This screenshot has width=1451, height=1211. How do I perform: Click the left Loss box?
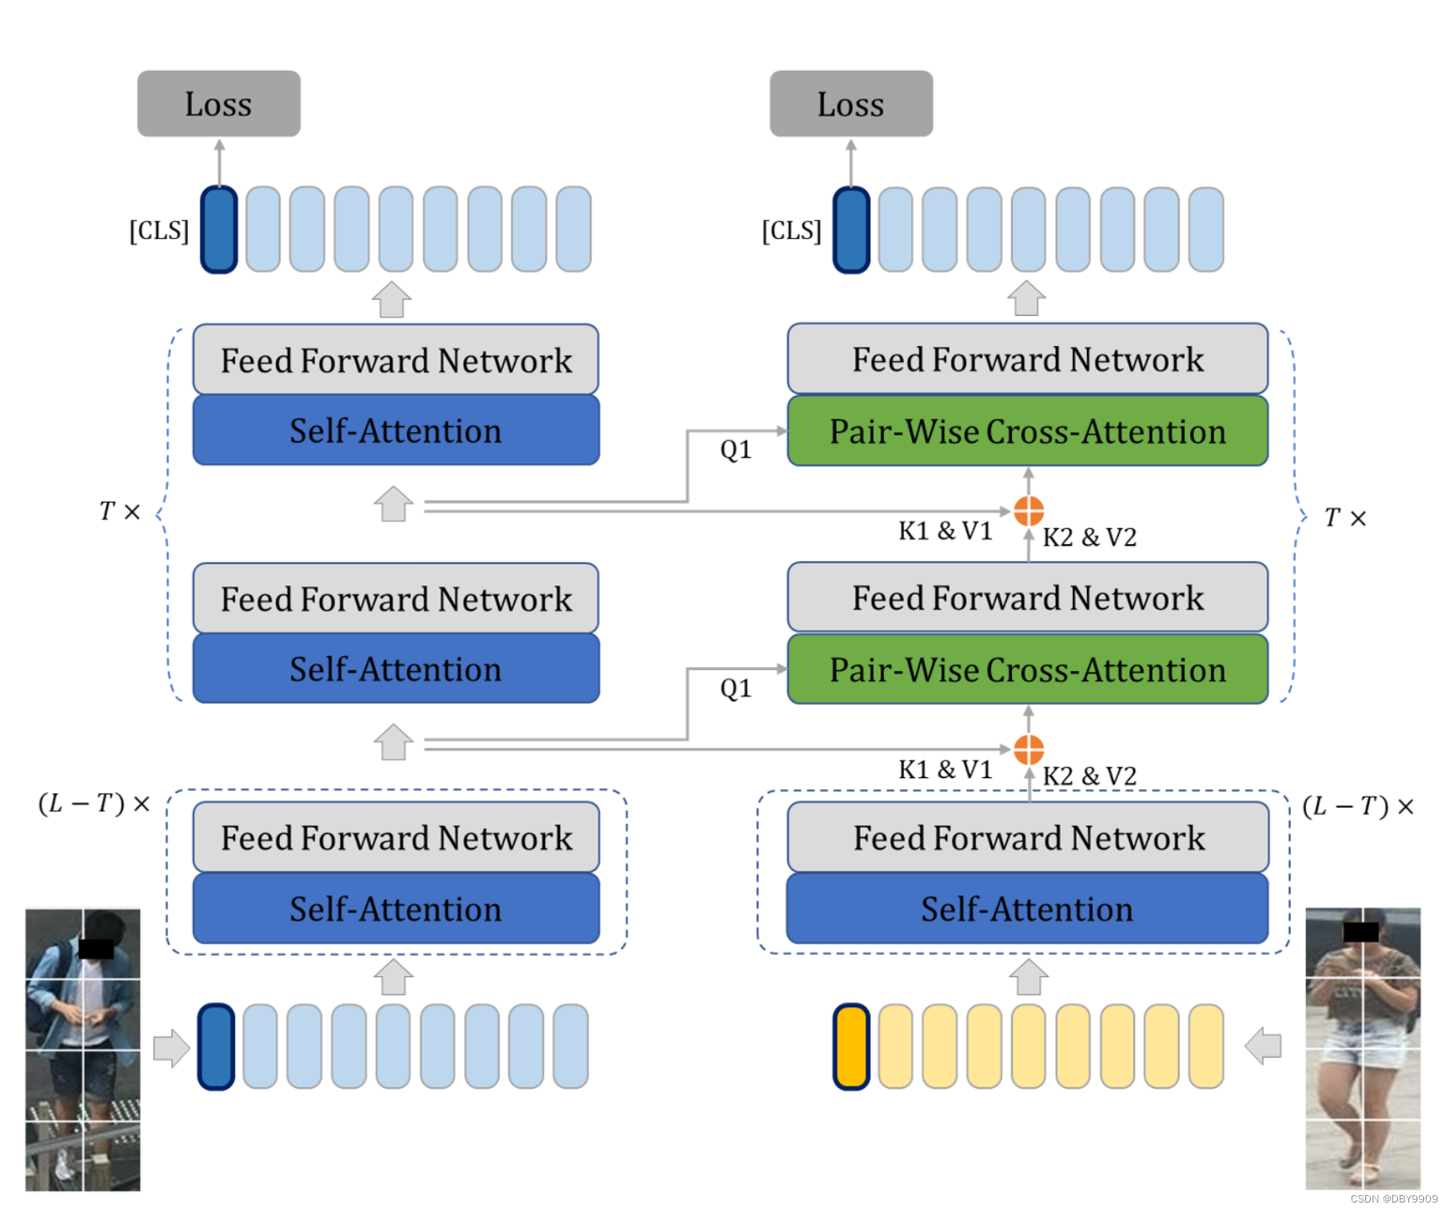218,104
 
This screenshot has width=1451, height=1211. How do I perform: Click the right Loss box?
850,104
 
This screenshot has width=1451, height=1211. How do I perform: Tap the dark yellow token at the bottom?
851,1047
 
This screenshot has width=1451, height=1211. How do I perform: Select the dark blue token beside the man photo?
216,1047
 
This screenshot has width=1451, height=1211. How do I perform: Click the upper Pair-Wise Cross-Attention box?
1027,431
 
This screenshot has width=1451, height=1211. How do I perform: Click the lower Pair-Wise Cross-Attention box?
1027,670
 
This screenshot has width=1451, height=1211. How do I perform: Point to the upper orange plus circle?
1028,510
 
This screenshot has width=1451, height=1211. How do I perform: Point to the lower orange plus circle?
1028,749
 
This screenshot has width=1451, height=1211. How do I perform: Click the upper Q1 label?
736,450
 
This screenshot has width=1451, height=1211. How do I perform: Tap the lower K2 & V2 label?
1090,776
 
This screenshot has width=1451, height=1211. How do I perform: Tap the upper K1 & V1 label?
945,531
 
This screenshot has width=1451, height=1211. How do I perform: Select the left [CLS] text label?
158,230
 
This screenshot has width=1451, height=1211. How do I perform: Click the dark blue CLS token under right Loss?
851,230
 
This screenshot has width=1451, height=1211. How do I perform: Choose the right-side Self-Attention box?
1027,909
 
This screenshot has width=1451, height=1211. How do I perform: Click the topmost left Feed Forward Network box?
396,360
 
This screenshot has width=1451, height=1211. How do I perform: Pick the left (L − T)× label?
94,803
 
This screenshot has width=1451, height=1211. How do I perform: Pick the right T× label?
1344,517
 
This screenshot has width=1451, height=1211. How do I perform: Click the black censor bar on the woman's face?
1360,931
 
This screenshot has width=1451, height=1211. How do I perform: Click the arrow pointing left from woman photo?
1263,1046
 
